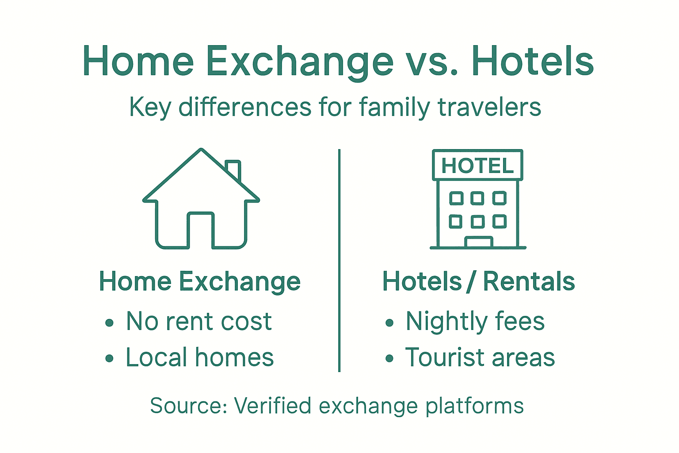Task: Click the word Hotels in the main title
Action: pos(532,62)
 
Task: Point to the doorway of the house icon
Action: pos(201,231)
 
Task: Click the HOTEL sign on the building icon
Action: pos(477,165)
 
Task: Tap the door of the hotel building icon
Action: pos(478,242)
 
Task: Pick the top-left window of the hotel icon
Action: pos(456,198)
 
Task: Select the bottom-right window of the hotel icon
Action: pos(500,221)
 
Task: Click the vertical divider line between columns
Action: pos(339,261)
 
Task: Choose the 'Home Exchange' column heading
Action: pos(200,281)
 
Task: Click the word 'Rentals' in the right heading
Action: pos(529,281)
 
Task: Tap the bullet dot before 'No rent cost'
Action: pos(110,323)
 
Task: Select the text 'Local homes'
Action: pos(199,357)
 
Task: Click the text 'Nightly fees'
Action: pos(475,322)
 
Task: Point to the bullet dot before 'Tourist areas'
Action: pos(389,358)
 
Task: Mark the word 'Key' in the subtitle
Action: pos(150,107)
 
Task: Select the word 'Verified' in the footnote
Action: pos(272,406)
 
